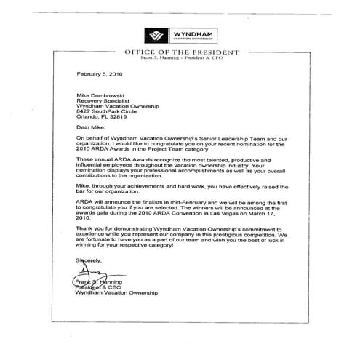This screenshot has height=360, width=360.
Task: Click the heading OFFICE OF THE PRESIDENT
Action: (x=180, y=53)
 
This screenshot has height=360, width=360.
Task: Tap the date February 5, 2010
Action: (x=100, y=74)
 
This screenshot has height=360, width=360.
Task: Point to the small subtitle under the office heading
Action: (x=180, y=60)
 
